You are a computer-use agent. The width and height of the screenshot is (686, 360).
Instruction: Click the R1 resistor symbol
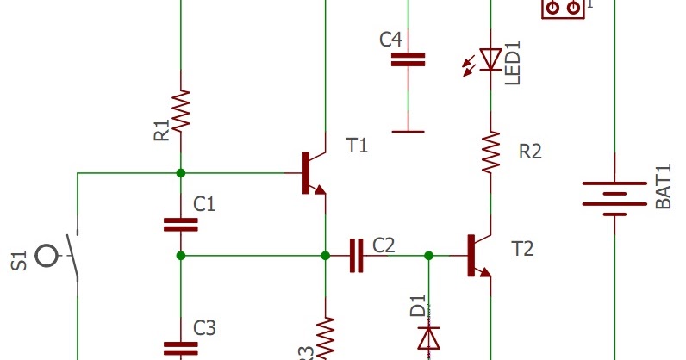tap(180, 111)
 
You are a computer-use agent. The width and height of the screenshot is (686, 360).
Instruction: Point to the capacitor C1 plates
tap(180, 225)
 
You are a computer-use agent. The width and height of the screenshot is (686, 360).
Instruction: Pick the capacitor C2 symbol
tap(356, 256)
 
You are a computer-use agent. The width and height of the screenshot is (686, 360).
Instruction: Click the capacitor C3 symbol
tap(180, 347)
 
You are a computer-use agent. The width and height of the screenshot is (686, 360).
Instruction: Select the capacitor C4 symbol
tap(408, 59)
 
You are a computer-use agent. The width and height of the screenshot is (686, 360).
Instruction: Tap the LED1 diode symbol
tap(490, 59)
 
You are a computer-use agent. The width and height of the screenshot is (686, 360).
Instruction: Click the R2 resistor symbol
tap(490, 151)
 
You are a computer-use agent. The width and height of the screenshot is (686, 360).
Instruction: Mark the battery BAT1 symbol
tap(614, 195)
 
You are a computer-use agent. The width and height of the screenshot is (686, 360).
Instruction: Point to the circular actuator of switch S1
tap(49, 256)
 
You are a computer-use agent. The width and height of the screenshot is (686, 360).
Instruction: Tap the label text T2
tap(522, 250)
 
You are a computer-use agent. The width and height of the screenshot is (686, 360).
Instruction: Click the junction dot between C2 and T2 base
tap(429, 256)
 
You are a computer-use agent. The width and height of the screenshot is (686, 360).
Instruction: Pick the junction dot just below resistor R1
tap(180, 173)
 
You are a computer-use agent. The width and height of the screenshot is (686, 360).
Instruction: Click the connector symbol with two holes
tap(563, 8)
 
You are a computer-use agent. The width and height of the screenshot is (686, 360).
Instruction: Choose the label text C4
tap(390, 40)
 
